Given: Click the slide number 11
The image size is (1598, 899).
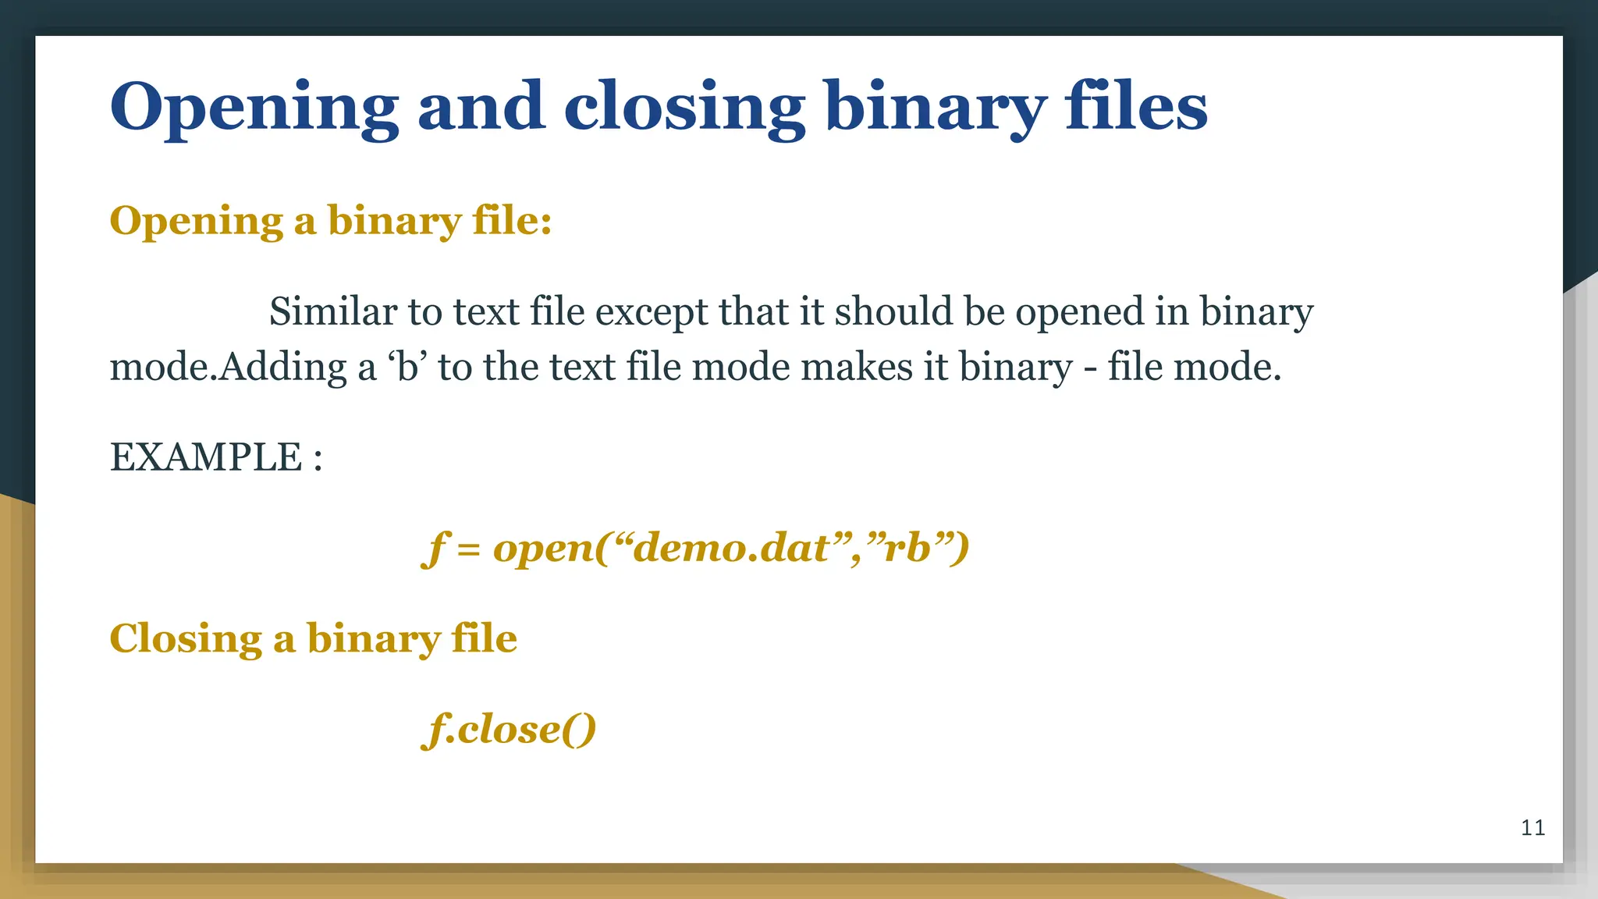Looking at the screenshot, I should (1532, 828).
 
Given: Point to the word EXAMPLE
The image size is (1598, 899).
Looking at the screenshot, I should (205, 457).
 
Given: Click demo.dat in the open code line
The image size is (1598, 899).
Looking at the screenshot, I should (732, 548).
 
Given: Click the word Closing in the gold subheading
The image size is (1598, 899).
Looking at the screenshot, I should (185, 638).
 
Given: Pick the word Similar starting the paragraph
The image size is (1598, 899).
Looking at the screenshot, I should (333, 312).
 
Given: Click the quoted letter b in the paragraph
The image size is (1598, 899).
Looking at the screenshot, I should (407, 367).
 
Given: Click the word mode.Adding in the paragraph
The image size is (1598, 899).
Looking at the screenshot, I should (228, 367).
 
